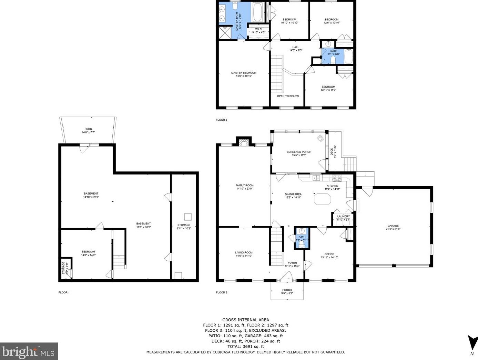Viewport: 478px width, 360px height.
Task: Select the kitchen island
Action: (322, 199)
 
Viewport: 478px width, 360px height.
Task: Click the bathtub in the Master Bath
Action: (258, 12)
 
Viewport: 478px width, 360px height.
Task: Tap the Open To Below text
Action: (288, 96)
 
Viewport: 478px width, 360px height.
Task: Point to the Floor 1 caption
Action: (64, 292)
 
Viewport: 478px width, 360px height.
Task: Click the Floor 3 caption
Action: (222, 120)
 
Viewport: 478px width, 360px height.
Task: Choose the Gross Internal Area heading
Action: (245, 320)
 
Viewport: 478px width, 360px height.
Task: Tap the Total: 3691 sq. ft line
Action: (246, 346)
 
